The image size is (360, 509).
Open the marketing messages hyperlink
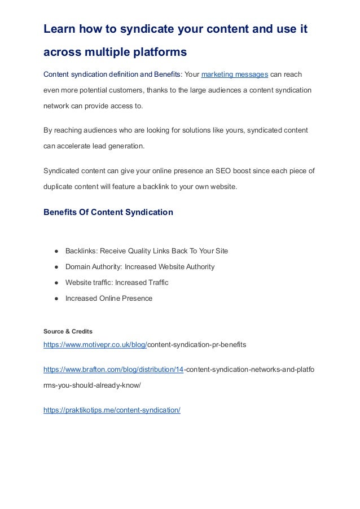pos(234,75)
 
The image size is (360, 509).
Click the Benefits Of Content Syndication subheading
pos(108,213)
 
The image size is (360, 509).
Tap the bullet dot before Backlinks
pos(57,251)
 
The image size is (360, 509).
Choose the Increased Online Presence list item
pos(109,298)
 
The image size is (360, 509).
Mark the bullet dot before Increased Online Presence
pos(57,298)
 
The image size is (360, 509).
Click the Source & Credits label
pos(68,331)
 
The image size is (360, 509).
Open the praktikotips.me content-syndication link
pos(112,410)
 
